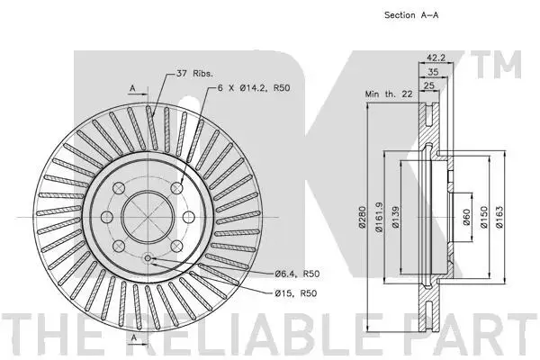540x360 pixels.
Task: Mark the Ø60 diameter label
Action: (x=467, y=219)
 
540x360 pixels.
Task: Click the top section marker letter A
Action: (x=132, y=88)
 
